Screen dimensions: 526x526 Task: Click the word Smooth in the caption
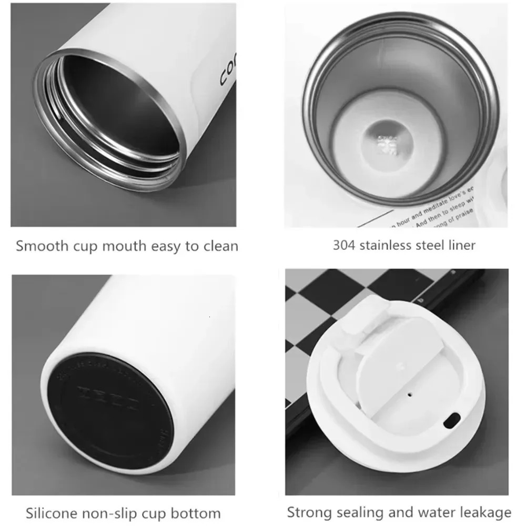point(41,246)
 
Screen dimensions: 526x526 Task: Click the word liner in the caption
point(462,245)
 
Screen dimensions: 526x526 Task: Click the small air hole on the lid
point(409,392)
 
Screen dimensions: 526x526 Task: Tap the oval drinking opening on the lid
point(451,420)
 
